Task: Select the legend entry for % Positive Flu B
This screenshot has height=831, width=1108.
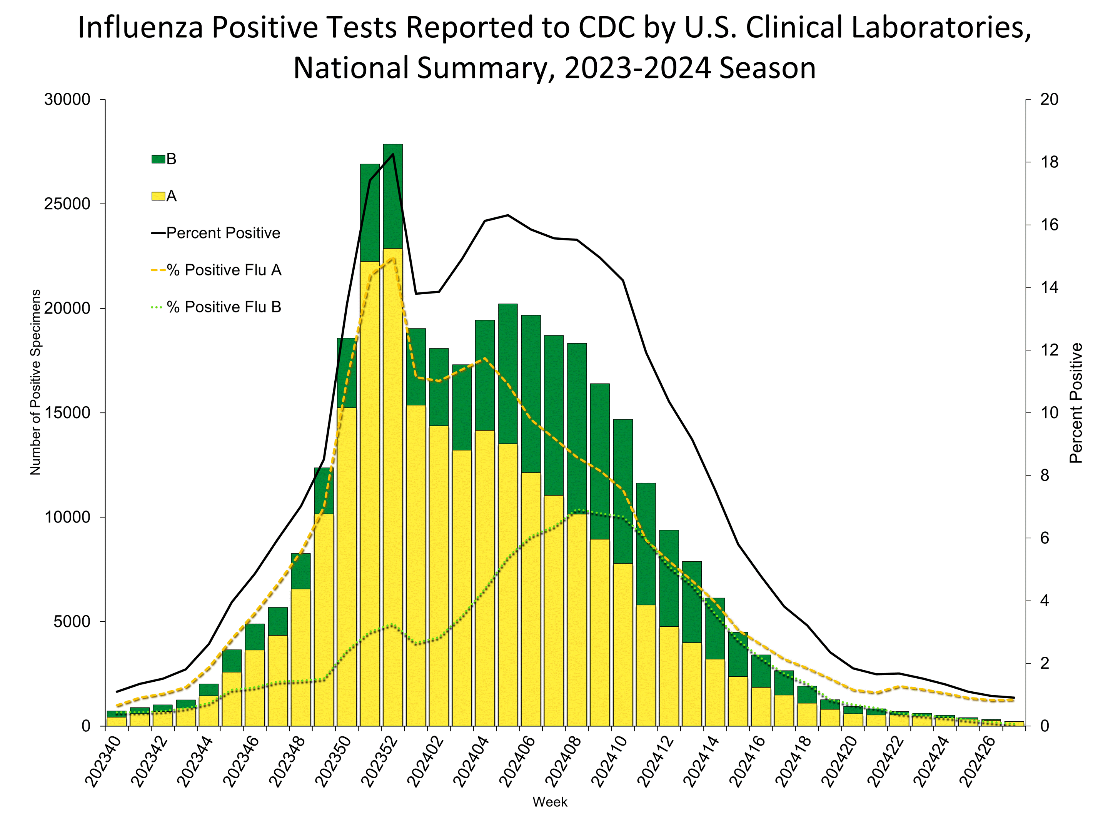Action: click(224, 307)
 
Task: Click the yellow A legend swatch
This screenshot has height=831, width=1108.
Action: click(158, 196)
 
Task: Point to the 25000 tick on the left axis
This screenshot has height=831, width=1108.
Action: click(67, 204)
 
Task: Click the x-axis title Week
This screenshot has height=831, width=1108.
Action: click(550, 802)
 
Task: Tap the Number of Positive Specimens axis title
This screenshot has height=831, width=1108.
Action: click(35, 382)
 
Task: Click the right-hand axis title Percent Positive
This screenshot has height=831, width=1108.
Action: click(1076, 403)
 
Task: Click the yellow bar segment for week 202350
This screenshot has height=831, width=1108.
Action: click(347, 566)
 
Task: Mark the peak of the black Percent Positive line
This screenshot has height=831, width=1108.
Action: click(393, 154)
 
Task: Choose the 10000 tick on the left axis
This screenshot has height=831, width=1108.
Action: click(67, 517)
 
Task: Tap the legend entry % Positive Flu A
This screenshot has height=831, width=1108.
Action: click(224, 270)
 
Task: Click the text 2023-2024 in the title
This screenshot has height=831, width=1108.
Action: click(637, 68)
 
